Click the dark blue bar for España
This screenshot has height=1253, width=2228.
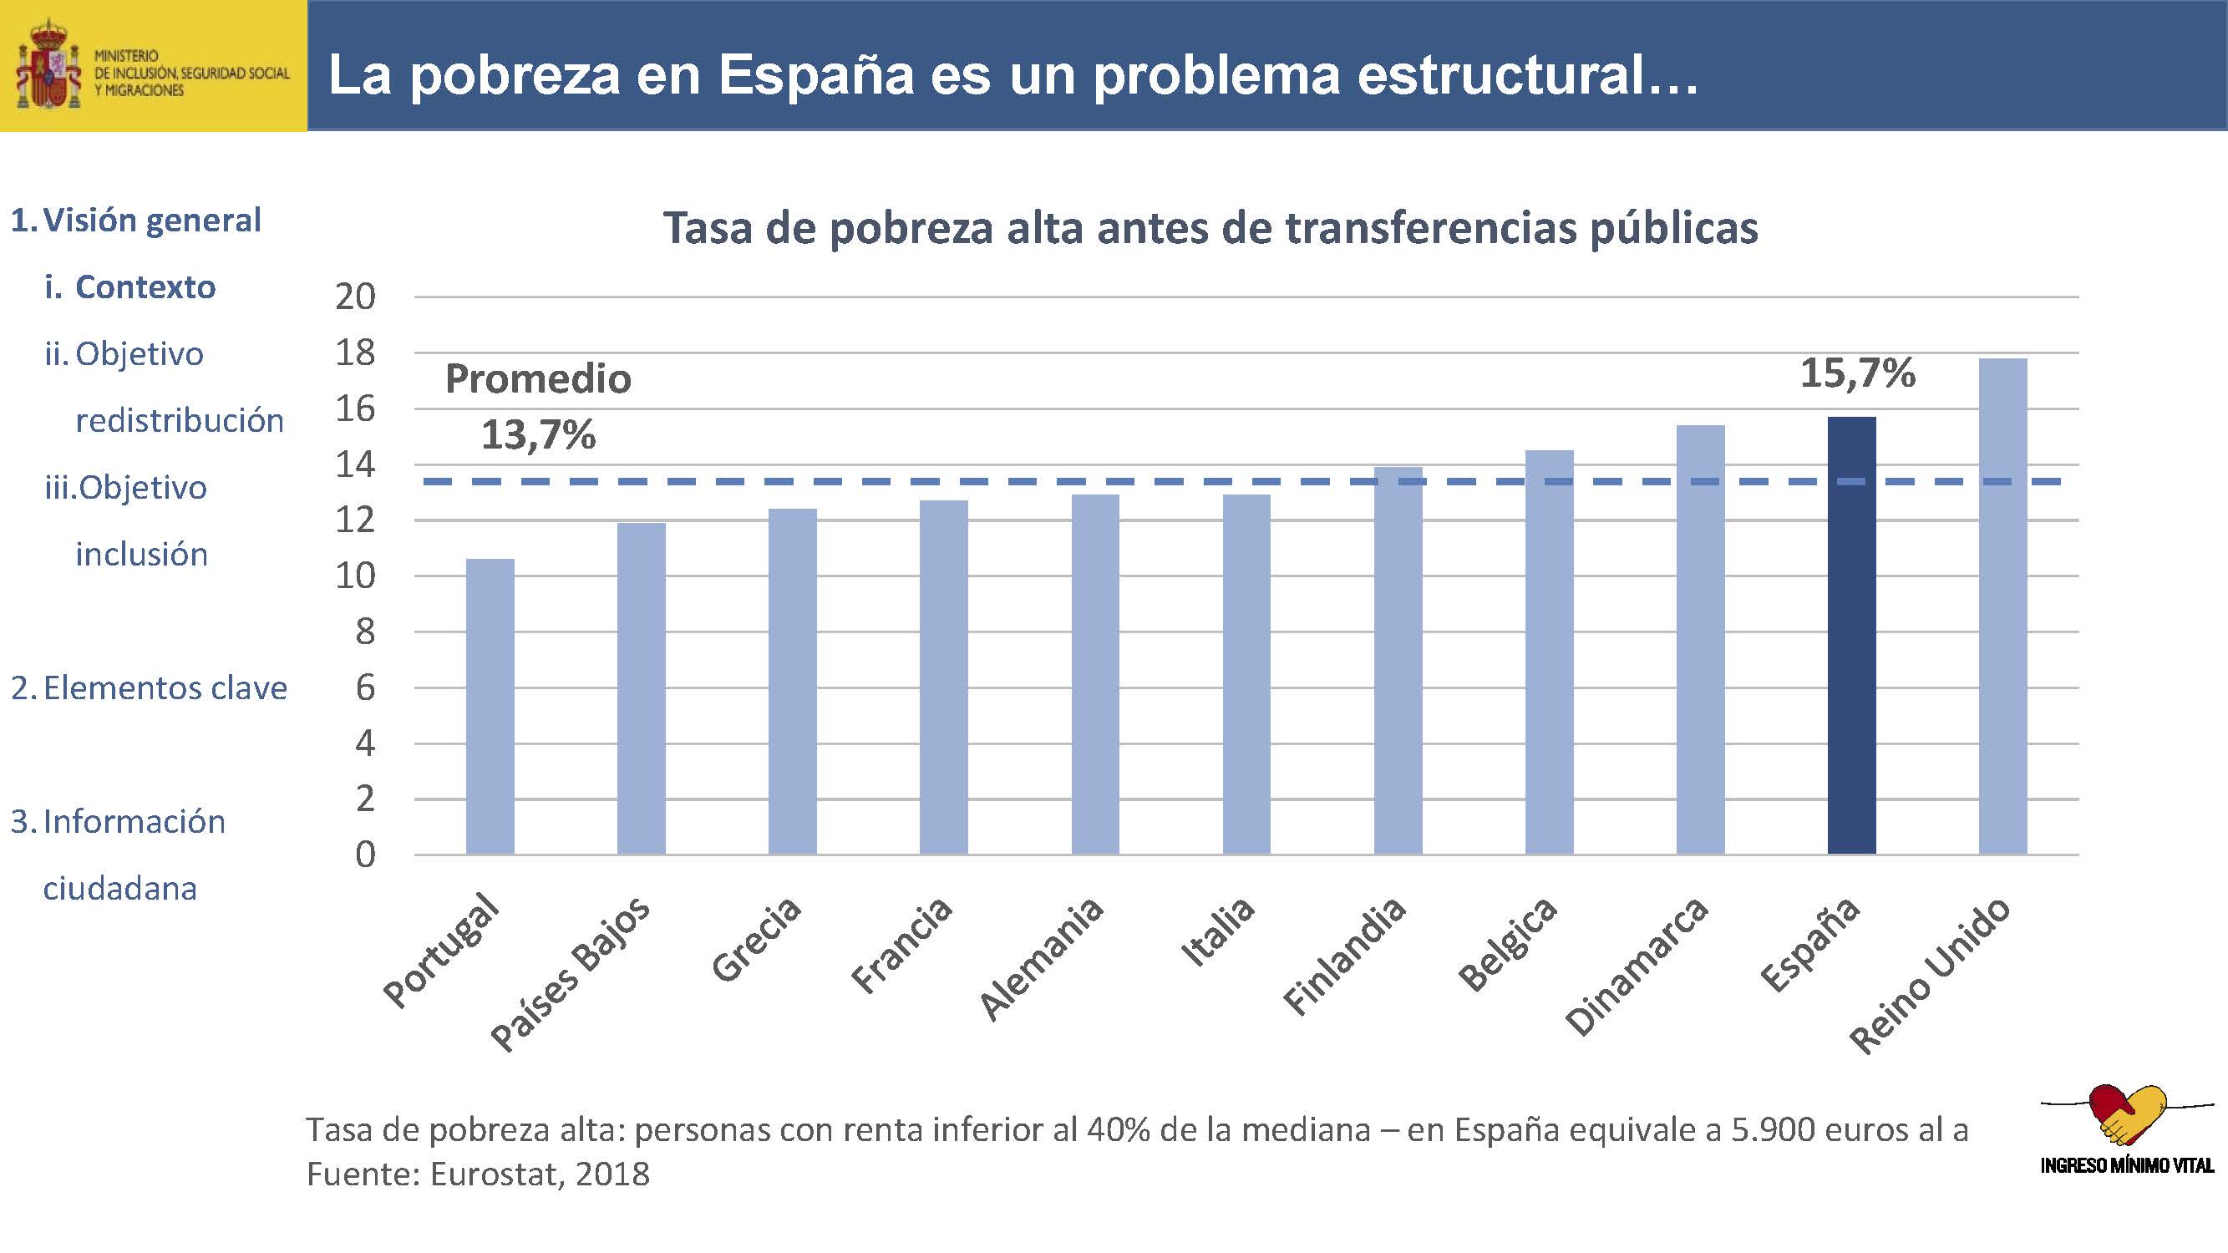click(x=1851, y=636)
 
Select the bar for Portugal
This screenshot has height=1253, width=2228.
click(x=490, y=707)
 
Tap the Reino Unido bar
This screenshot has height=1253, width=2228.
click(x=2002, y=606)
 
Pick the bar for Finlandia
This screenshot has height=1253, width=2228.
click(x=1398, y=661)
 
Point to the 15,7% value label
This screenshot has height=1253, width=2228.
click(x=1857, y=373)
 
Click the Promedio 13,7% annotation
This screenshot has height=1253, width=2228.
click(x=538, y=407)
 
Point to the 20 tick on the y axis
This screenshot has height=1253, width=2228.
click(x=356, y=297)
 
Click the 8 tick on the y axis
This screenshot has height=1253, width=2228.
click(x=365, y=632)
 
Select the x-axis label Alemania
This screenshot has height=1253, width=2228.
click(x=1043, y=958)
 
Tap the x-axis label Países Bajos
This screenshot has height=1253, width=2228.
click(x=571, y=972)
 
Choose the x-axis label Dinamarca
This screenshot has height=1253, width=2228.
click(x=1637, y=966)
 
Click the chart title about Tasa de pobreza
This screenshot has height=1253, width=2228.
click(x=1210, y=229)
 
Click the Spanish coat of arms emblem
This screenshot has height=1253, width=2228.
click(x=50, y=66)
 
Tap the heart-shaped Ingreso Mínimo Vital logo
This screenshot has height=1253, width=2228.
click(x=2127, y=1115)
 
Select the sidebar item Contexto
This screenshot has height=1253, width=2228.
click(x=145, y=287)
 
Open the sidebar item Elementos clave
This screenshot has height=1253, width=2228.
click(x=165, y=688)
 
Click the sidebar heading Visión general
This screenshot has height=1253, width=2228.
click(x=151, y=221)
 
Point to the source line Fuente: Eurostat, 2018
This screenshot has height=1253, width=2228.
click(x=478, y=1174)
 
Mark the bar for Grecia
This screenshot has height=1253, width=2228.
click(x=792, y=682)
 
